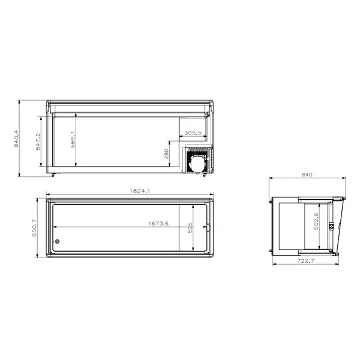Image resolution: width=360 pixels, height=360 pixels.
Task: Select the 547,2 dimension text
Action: click(38, 142)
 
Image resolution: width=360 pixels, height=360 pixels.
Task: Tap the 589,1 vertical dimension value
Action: click(73, 139)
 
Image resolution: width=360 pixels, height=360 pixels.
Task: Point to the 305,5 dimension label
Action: click(193, 133)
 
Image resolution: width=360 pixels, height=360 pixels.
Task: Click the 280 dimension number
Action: click(166, 154)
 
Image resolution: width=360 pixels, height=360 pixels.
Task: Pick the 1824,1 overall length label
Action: click(140, 191)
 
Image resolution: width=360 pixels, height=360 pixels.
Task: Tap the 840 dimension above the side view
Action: click(307, 175)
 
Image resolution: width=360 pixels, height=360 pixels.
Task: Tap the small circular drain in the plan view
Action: click(58, 242)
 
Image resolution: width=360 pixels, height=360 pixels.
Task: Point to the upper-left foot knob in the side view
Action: click(271, 203)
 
